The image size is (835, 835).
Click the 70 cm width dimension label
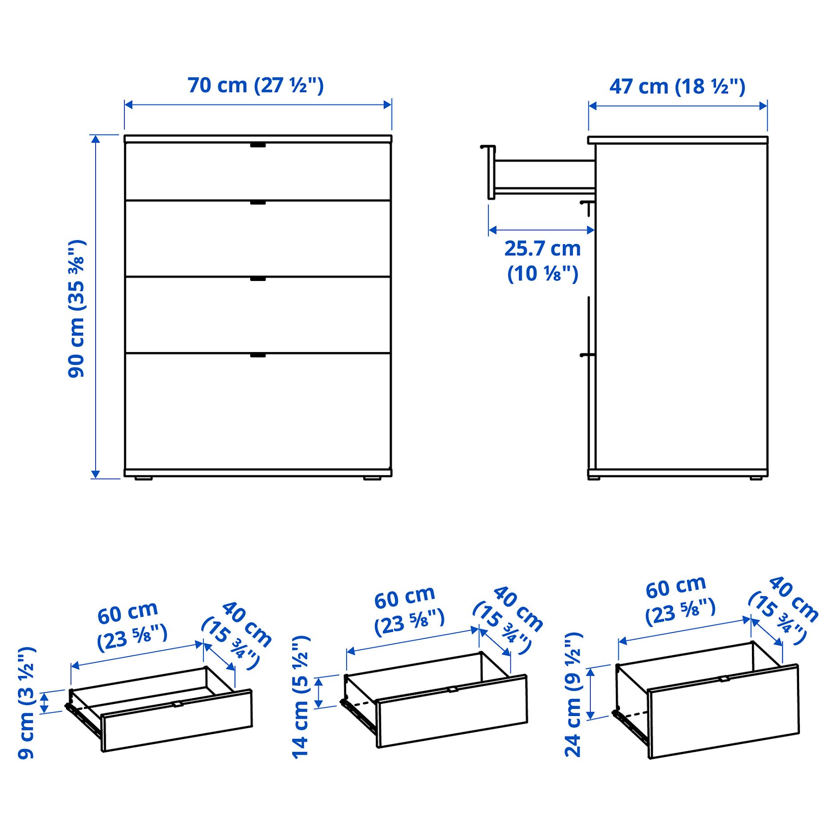coord(255,85)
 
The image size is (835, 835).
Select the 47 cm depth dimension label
coord(677,86)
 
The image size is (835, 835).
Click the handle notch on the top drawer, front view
coord(258,145)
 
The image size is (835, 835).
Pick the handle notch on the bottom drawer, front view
coord(258,355)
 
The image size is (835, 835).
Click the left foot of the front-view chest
coord(144,479)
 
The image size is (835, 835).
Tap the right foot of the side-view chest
coord(756,479)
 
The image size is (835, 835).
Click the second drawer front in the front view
coord(258,239)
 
